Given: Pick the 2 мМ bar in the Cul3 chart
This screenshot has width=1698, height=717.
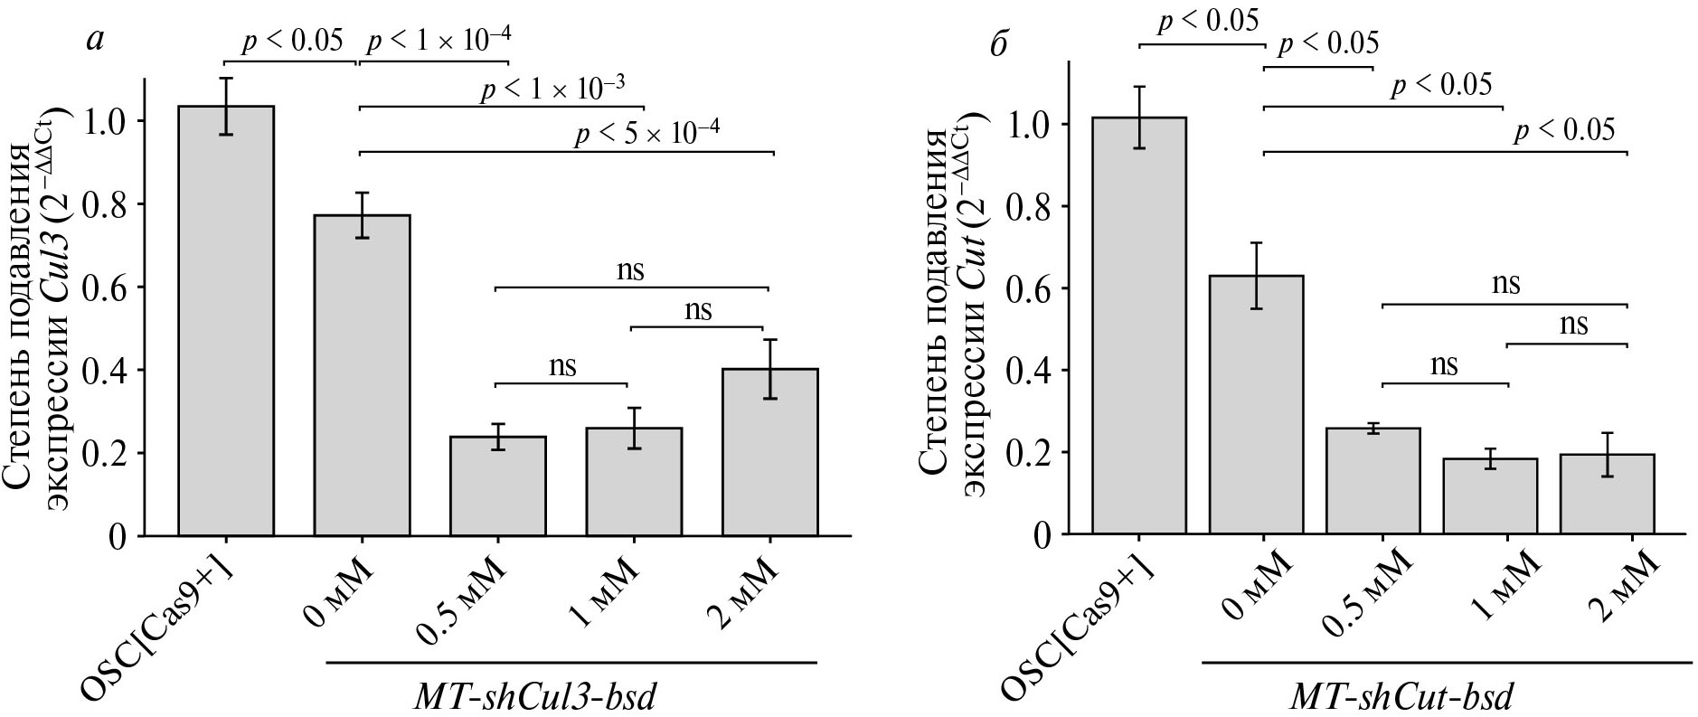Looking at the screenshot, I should [x=769, y=452].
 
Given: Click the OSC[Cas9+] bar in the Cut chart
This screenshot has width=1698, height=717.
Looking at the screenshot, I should [x=1139, y=325].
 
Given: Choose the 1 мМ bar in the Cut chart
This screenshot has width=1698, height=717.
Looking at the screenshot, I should [x=1507, y=496].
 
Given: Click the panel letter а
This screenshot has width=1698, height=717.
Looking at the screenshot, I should [x=94, y=41].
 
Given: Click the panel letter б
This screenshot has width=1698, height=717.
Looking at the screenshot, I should [x=998, y=43].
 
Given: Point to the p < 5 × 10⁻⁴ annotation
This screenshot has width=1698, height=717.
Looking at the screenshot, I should [x=647, y=134].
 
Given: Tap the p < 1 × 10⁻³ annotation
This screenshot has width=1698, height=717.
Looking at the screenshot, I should [x=552, y=89].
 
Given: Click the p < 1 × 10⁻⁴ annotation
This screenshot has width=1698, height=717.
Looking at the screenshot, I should [x=439, y=40].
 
